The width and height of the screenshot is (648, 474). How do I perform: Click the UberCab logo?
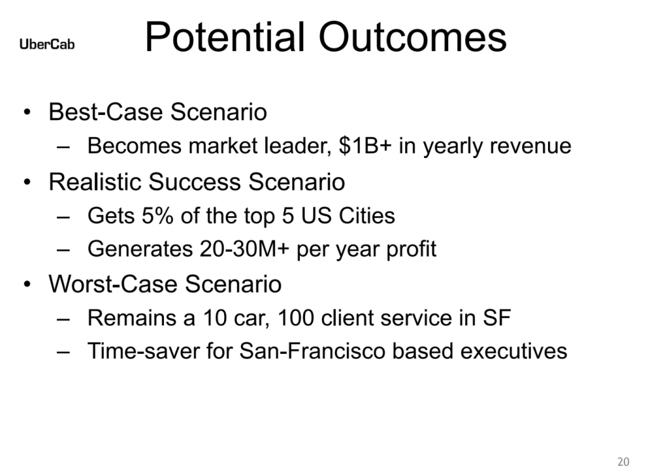click(x=47, y=44)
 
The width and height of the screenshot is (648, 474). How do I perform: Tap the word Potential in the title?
click(x=225, y=37)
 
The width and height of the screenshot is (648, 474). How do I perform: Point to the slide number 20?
click(x=623, y=461)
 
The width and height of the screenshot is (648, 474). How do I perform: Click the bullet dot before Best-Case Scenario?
click(x=27, y=112)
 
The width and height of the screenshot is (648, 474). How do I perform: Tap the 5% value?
click(x=158, y=216)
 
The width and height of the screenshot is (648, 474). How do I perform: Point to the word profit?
click(x=411, y=250)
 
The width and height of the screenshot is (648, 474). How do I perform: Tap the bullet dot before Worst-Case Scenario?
click(x=27, y=284)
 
